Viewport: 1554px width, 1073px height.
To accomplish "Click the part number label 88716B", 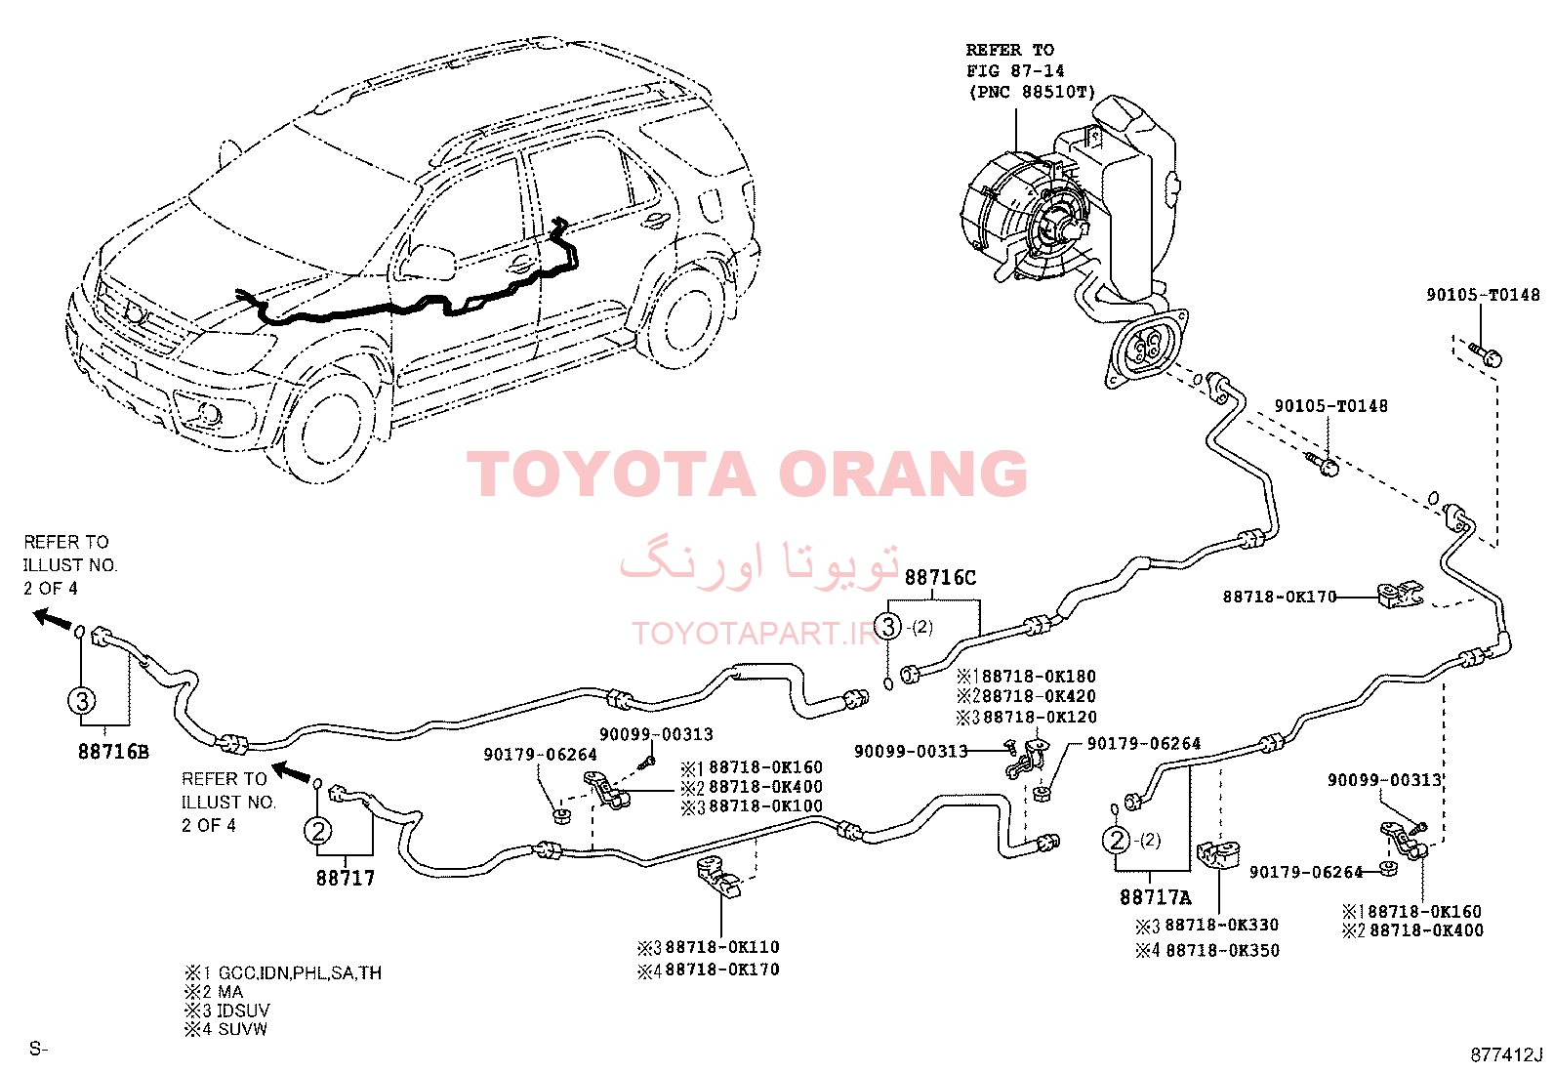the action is click(113, 752).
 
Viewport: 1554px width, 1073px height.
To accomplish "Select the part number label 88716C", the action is click(940, 577).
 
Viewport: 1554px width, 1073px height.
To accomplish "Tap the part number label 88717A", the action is click(1155, 897).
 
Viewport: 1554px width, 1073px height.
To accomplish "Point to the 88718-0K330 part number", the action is click(1222, 926).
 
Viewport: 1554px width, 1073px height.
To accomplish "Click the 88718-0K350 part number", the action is click(1222, 950).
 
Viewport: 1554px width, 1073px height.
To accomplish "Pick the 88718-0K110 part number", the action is click(722, 947).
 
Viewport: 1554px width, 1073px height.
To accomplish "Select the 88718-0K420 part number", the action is click(1040, 696).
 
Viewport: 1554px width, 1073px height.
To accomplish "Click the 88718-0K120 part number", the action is click(1040, 717).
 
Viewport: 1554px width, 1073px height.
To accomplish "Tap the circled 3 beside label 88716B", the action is click(82, 700).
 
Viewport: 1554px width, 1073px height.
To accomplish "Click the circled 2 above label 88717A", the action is click(1117, 841).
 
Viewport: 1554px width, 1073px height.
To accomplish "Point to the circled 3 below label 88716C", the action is click(888, 627).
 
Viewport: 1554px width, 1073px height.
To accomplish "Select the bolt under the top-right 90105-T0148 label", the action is click(1486, 353).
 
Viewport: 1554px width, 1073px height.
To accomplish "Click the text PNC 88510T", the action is click(1032, 92).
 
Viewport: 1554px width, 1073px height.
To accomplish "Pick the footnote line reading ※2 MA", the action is click(214, 992).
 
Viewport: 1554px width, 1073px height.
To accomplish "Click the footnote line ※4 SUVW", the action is click(226, 1029).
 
